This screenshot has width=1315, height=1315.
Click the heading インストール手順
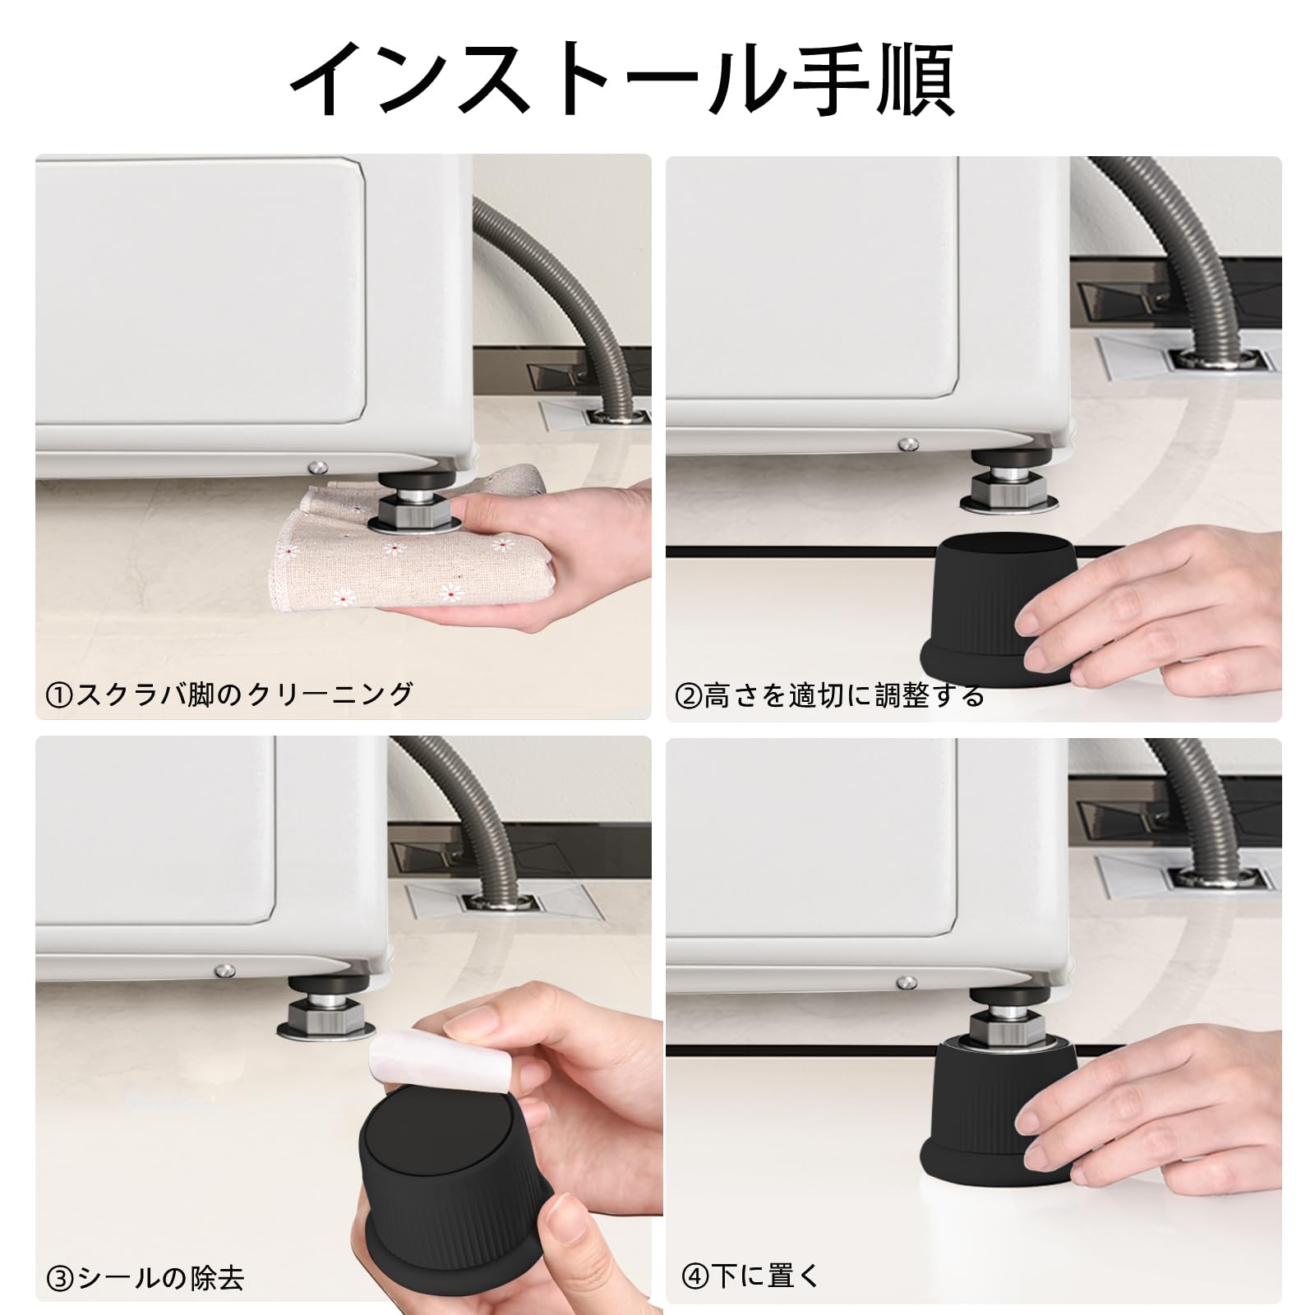[x=622, y=79]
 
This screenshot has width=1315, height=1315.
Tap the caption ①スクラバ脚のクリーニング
[x=229, y=694]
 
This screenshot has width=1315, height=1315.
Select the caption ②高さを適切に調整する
[x=829, y=696]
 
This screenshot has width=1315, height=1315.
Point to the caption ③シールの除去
[x=145, y=1278]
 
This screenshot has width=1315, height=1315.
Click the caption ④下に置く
[x=750, y=1276]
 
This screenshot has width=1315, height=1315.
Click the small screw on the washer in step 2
[x=907, y=445]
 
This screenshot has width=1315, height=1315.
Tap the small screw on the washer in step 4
[x=906, y=982]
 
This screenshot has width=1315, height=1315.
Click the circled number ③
[x=60, y=1280]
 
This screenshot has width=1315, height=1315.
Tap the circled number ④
[x=694, y=1277]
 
